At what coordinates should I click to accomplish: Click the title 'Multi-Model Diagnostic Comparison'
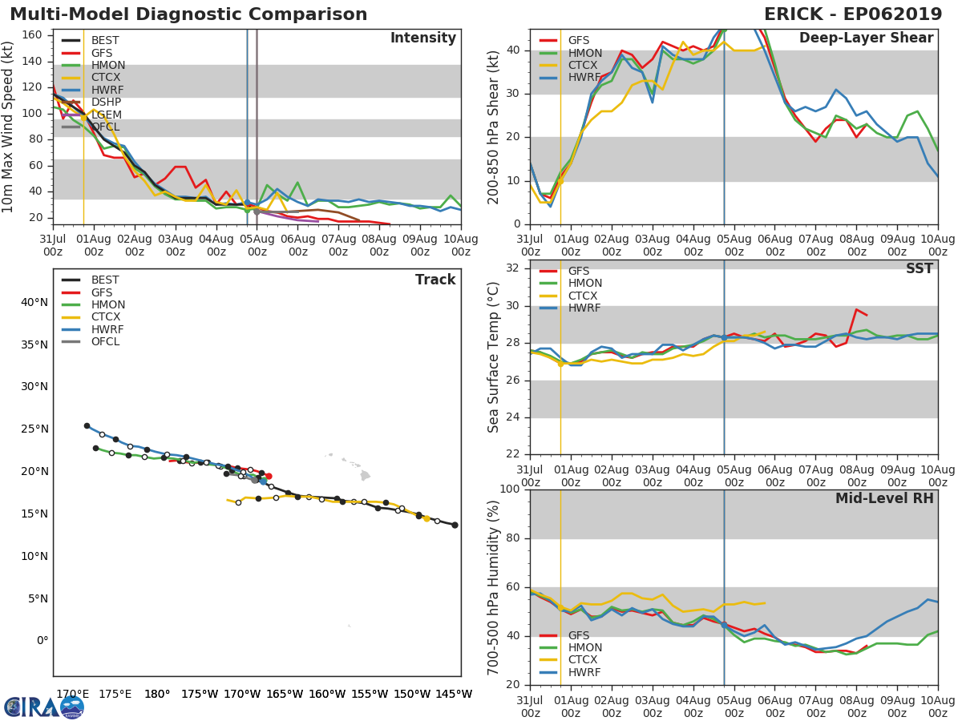[188, 14]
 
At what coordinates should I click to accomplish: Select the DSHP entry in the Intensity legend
[106, 103]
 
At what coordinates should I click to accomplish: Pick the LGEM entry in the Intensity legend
[106, 115]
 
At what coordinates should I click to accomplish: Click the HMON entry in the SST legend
[584, 284]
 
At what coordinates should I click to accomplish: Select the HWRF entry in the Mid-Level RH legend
[584, 673]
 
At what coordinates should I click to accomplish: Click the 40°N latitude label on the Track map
[34, 302]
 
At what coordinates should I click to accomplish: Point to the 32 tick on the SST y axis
[512, 267]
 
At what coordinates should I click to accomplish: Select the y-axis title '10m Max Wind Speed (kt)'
[10, 127]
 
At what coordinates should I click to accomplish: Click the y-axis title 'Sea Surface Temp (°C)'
[494, 356]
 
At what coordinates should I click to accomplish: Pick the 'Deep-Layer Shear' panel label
[866, 38]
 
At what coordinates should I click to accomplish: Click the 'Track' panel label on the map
[435, 280]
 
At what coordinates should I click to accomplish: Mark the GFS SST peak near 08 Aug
[856, 309]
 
